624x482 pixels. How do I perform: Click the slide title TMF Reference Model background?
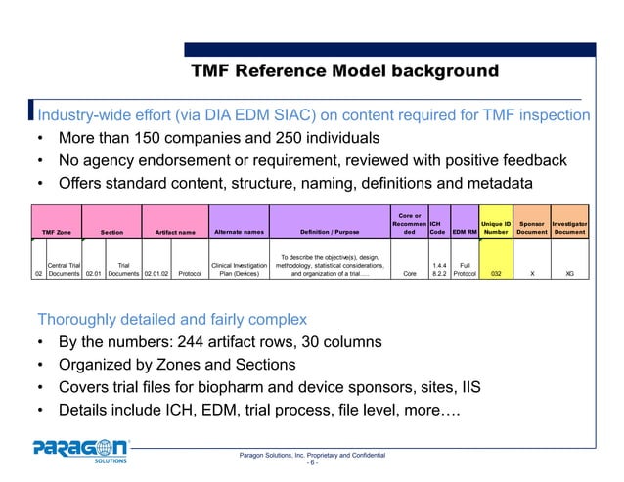344,71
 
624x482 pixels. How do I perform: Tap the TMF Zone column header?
57,232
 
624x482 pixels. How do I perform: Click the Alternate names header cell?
239,232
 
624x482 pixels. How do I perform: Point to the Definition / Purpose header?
329,232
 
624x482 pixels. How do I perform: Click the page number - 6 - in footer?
312,464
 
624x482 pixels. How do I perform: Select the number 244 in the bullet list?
212,343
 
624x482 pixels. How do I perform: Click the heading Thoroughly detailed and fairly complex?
171,319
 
